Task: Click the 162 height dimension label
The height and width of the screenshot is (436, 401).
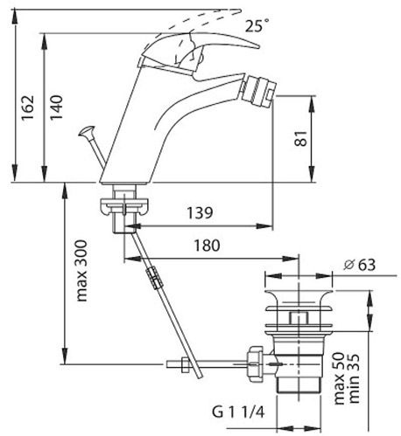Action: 27,107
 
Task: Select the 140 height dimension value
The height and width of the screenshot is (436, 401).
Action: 56,107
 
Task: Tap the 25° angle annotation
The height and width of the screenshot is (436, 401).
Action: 257,25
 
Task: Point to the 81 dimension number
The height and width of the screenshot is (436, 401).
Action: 301,138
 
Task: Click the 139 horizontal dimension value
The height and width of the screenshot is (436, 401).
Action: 200,213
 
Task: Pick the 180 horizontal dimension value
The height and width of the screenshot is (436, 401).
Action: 208,246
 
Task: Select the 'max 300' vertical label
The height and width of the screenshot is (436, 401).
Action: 81,271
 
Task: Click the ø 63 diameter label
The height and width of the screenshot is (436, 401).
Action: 359,265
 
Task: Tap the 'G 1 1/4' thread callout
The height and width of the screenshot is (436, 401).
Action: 238,412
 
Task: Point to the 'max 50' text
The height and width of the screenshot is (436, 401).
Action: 339,378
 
